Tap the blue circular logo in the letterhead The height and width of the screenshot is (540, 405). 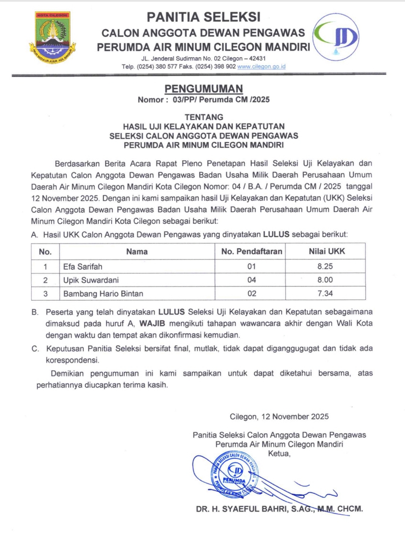pos(336,37)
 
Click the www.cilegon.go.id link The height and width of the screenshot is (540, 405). pos(261,66)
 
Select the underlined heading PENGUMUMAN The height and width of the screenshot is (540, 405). pos(204,89)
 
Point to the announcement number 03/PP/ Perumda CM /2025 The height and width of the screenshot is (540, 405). pos(221,99)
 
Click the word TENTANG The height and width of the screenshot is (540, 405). pos(204,117)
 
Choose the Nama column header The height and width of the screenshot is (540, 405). pos(137,251)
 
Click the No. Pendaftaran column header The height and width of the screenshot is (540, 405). pos(252,251)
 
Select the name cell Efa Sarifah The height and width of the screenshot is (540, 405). pos(83,266)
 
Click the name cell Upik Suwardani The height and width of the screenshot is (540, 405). pos(91,280)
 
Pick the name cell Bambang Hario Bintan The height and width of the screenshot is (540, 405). pos(103,293)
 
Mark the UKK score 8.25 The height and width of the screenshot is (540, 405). pos(325,266)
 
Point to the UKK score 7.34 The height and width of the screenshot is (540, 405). pos(325,293)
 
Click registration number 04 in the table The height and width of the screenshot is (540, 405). pos(252,280)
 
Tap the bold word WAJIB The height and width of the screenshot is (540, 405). pos(152,323)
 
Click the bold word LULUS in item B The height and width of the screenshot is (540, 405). pos(171,312)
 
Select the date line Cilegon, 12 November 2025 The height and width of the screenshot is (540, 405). pos(279,417)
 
